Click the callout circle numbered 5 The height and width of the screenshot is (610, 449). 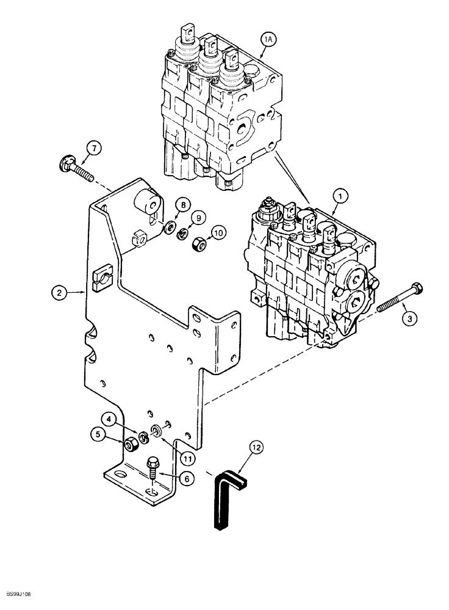coord(97,435)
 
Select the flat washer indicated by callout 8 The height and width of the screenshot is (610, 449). coord(167,229)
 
